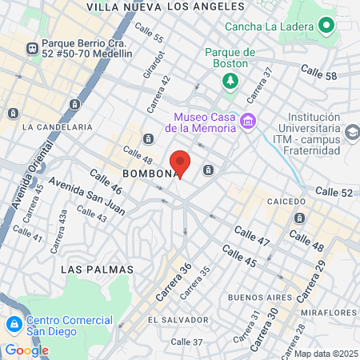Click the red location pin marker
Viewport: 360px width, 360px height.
pos(181,162)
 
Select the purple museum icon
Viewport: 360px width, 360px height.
pos(248,122)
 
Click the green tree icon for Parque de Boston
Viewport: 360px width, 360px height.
pos(230,80)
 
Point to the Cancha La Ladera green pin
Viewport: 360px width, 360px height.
pos(326,26)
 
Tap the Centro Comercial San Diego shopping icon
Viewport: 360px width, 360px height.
pos(14,324)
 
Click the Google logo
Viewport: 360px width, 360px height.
pos(26,350)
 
